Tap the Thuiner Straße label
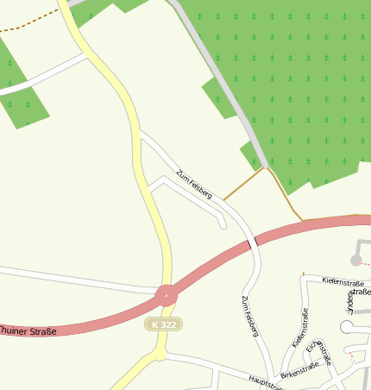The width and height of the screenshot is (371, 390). pyautogui.click(x=28, y=330)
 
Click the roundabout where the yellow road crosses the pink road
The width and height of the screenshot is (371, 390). pyautogui.click(x=167, y=295)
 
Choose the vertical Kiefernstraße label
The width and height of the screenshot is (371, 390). pyautogui.click(x=300, y=328)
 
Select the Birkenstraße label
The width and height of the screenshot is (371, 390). pyautogui.click(x=299, y=369)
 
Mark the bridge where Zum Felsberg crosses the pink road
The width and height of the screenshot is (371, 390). pyautogui.click(x=254, y=245)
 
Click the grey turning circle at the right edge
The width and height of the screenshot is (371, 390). pyautogui.click(x=356, y=260)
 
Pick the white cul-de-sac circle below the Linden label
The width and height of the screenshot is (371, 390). pyautogui.click(x=348, y=327)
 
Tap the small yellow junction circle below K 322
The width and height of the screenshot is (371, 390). pyautogui.click(x=160, y=353)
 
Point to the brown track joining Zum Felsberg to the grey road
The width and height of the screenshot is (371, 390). pyautogui.click(x=244, y=185)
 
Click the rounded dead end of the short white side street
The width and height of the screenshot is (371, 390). pyautogui.click(x=223, y=225)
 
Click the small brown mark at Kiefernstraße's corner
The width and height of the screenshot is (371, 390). pyautogui.click(x=304, y=274)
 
